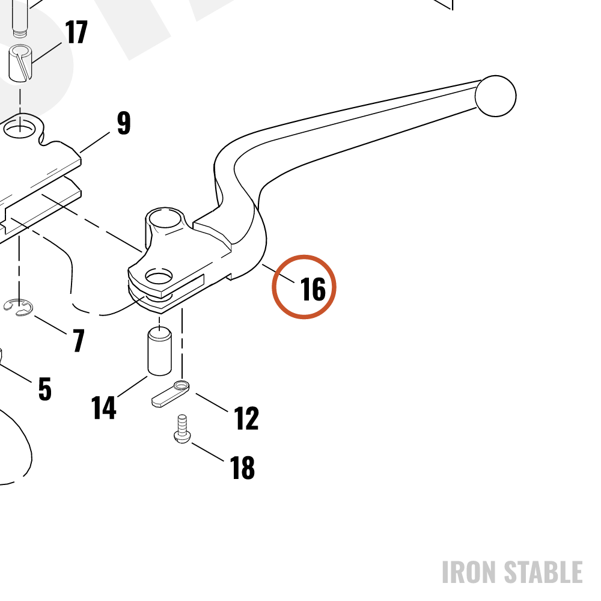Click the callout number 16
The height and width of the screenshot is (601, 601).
pyautogui.click(x=313, y=289)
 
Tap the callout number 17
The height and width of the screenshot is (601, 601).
pyautogui.click(x=76, y=32)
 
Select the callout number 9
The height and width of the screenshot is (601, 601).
pyautogui.click(x=124, y=123)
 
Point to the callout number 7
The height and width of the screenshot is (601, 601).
pyautogui.click(x=79, y=340)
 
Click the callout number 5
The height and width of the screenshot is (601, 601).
pyautogui.click(x=45, y=389)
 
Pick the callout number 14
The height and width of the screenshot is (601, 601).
pyautogui.click(x=103, y=407)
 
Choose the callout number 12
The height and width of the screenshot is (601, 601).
pyautogui.click(x=246, y=418)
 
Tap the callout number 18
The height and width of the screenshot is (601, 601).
pyautogui.click(x=242, y=468)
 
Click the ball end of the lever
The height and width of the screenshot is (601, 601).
pyautogui.click(x=495, y=96)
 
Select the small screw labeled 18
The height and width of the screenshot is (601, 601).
pyautogui.click(x=182, y=429)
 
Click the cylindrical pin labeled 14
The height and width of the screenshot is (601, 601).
pyautogui.click(x=159, y=351)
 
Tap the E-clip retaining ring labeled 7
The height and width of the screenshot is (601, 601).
pyautogui.click(x=19, y=307)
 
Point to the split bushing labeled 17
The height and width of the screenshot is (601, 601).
pyautogui.click(x=20, y=63)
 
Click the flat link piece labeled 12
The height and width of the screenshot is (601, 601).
pyautogui.click(x=171, y=393)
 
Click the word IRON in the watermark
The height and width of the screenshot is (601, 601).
pyautogui.click(x=471, y=572)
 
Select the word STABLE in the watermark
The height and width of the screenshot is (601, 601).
pyautogui.click(x=543, y=572)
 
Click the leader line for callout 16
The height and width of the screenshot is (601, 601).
pyautogui.click(x=278, y=273)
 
